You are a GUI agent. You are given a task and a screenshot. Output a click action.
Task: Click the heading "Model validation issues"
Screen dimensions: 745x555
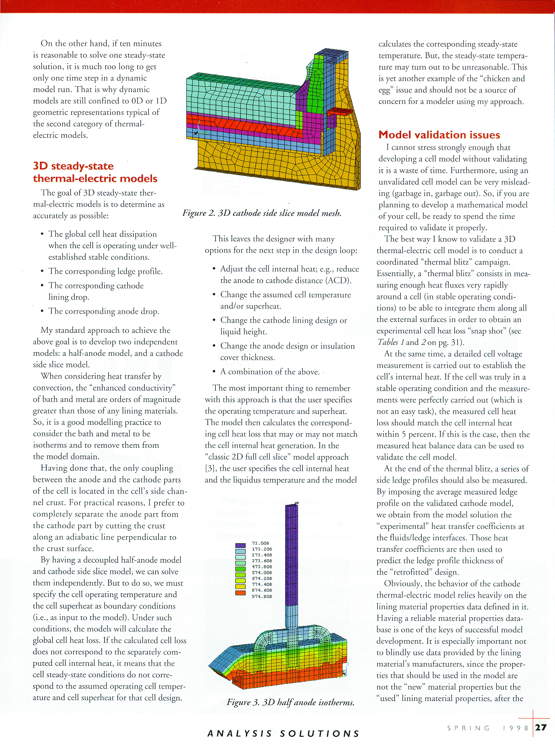(x=439, y=135)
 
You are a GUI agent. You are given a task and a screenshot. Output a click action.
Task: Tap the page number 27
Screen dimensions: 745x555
(x=541, y=727)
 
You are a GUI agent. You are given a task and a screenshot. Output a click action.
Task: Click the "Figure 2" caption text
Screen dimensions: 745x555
(x=261, y=213)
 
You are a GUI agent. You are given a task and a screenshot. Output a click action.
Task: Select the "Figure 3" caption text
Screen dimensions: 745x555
(x=290, y=702)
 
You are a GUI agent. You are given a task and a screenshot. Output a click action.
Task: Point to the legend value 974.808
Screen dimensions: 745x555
(x=262, y=596)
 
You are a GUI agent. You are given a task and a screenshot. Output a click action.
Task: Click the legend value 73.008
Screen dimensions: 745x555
(x=261, y=544)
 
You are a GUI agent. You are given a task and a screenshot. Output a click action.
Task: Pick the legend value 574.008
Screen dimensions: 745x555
(x=262, y=572)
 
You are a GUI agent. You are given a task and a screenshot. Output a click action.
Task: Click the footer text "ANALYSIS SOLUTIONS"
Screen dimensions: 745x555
(x=283, y=734)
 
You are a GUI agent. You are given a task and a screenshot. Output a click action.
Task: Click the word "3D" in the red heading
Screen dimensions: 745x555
(x=41, y=166)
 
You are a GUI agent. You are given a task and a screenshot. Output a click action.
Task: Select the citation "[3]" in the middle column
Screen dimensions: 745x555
(x=211, y=468)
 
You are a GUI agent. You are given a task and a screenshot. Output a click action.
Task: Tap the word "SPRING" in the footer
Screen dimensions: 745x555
(x=468, y=728)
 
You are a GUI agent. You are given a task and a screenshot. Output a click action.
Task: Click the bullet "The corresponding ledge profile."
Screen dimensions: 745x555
(x=105, y=271)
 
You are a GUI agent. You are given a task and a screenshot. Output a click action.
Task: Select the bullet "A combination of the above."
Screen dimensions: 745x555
(x=270, y=371)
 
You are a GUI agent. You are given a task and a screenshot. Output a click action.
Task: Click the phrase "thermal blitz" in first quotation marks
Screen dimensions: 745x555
(x=424, y=262)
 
